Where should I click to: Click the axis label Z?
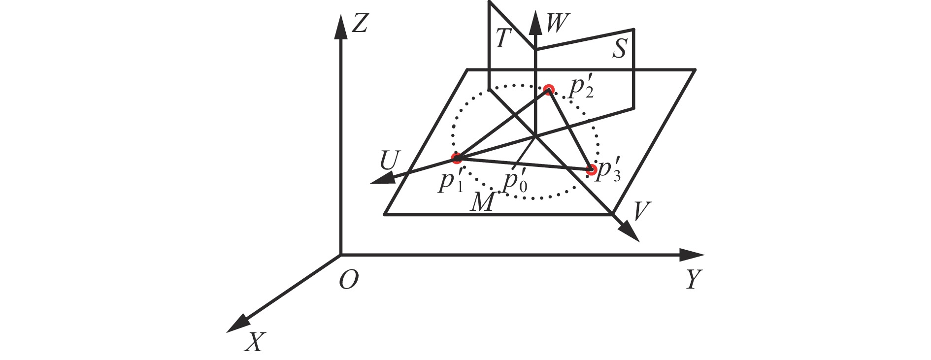pyautogui.click(x=360, y=23)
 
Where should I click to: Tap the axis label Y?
pyautogui.click(x=694, y=279)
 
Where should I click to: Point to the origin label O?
pyautogui.click(x=349, y=280)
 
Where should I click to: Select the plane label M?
pyautogui.click(x=482, y=202)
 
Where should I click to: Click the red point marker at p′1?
pyautogui.click(x=457, y=158)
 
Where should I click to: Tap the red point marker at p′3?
pyautogui.click(x=591, y=170)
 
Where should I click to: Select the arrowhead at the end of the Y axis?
pyautogui.click(x=692, y=255)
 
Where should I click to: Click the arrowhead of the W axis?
pyautogui.click(x=535, y=23)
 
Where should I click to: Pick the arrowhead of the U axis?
pyautogui.click(x=380, y=179)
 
